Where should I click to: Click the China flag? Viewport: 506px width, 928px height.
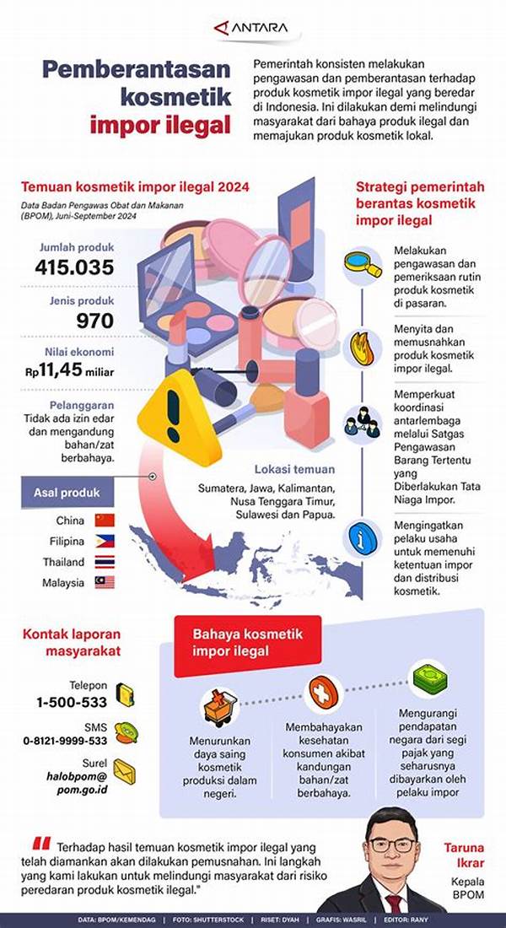click(105, 521)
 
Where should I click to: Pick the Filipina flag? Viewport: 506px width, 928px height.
click(105, 542)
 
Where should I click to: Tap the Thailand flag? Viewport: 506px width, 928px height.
click(105, 562)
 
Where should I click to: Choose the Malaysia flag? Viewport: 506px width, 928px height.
click(105, 582)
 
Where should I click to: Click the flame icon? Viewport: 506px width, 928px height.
click(363, 347)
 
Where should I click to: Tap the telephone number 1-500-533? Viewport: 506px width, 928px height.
click(72, 702)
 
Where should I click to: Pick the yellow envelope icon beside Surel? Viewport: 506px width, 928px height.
click(124, 771)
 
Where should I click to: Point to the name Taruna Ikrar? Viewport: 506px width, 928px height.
click(466, 856)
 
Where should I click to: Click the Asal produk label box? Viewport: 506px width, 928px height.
click(67, 492)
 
